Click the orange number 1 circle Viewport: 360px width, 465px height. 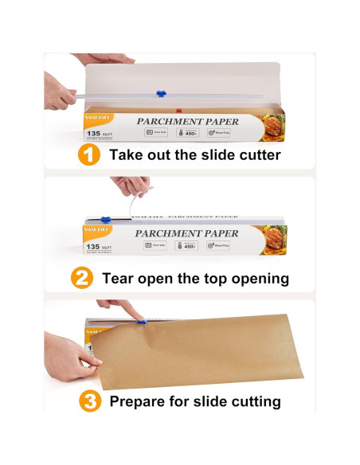(89, 154)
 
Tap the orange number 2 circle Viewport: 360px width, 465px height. (83, 278)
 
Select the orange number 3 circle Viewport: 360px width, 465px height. (90, 401)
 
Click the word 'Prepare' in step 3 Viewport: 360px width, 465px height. (141, 401)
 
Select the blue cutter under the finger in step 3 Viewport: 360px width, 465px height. (143, 322)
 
